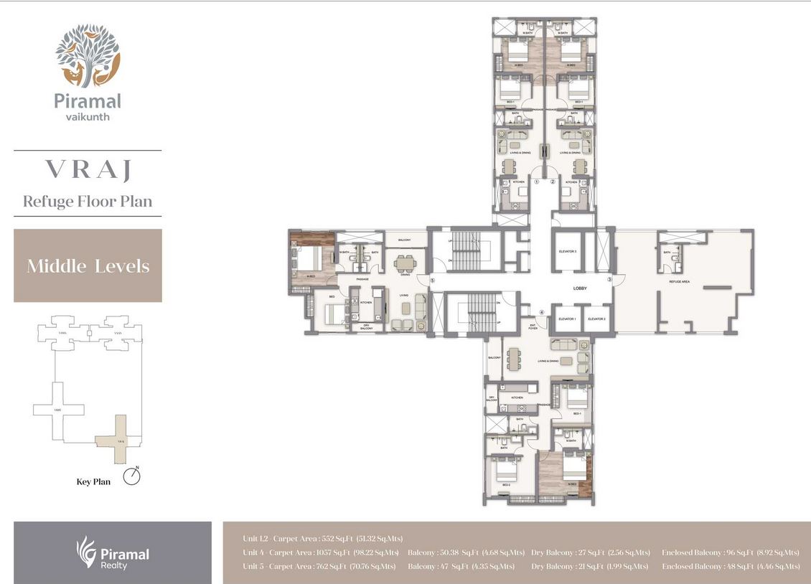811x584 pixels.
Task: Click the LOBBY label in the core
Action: pos(580,288)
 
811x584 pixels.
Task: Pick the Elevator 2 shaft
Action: pos(596,319)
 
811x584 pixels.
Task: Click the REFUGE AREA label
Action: pos(679,282)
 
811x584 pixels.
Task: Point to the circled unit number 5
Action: pos(432,280)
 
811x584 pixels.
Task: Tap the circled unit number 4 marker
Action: pos(542,311)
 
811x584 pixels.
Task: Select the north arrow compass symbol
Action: pos(131,476)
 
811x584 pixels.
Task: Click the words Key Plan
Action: pos(93,481)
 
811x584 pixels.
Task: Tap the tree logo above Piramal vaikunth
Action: pos(88,55)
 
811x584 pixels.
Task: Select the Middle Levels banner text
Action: pos(88,266)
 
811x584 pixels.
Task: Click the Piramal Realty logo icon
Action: pos(86,552)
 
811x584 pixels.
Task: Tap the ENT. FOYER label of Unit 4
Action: pos(533,326)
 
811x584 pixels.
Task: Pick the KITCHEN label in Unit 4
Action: pos(516,397)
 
